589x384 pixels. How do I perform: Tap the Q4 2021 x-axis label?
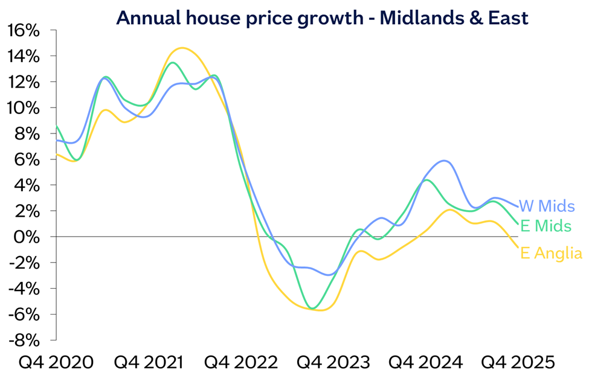pos(149,362)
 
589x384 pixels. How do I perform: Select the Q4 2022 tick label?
pos(240,362)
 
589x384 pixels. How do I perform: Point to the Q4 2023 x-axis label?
pos(332,362)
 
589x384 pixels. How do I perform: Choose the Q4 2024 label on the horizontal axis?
pos(425,362)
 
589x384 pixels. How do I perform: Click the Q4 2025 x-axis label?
pos(517,362)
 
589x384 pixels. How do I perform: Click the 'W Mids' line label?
pos(547,207)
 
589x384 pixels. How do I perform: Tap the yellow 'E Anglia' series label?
pos(551,254)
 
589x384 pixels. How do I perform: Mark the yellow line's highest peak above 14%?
pos(182,48)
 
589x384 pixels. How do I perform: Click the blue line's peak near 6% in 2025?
pos(445,161)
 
